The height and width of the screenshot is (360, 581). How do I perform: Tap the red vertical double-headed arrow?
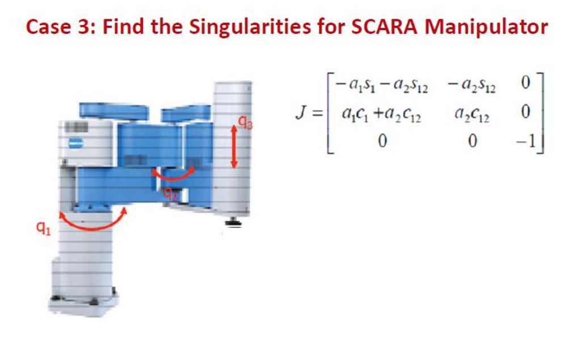pos(233,147)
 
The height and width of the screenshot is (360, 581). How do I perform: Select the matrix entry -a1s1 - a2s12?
pos(381,87)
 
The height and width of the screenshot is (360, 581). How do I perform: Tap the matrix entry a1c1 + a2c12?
pos(381,113)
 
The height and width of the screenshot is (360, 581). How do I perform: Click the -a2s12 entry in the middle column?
pos(470,87)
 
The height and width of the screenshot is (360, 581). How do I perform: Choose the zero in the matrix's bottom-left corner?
pos(381,140)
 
